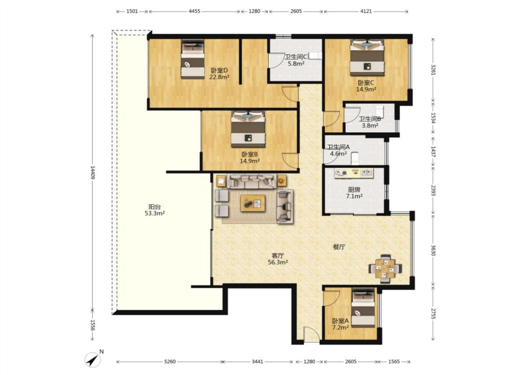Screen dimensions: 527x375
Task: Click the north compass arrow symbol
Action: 93,360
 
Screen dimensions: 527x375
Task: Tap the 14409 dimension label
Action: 92,172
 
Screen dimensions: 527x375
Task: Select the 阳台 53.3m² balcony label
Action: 155,210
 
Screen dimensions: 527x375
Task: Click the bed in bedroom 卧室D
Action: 193,60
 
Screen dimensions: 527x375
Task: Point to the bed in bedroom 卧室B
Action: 248,129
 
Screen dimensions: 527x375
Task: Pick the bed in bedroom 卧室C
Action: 367,58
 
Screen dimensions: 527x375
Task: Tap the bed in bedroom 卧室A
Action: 363,309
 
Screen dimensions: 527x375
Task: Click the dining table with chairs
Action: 385,269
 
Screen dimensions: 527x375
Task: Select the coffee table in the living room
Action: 253,203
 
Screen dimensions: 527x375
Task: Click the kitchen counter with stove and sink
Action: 354,173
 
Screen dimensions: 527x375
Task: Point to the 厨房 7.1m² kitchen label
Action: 354,193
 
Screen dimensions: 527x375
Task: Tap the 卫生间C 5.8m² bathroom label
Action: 296,60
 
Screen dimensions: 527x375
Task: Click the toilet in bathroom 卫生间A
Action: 355,158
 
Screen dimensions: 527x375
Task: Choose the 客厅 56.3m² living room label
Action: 278,259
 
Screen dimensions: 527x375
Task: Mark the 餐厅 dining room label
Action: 339,247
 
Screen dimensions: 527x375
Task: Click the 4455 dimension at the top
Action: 194,11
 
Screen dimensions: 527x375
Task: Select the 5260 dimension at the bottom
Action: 170,361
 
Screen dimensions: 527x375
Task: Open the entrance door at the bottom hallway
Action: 312,334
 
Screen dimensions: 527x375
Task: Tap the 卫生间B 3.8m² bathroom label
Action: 370,122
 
